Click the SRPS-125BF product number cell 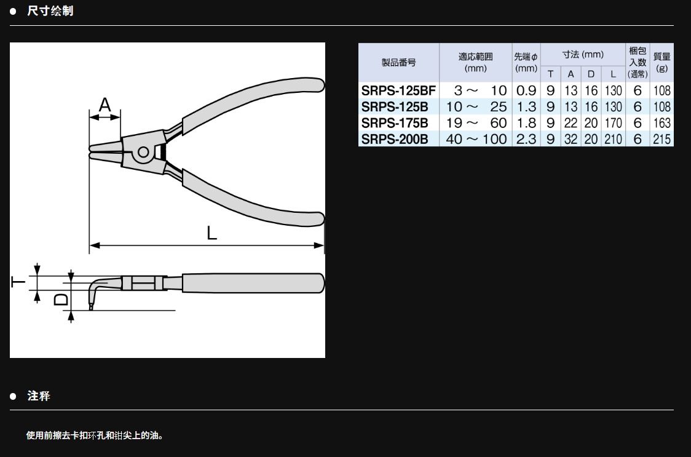[398, 90]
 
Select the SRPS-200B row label [395, 139]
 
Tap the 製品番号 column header [398, 62]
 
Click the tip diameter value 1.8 [526, 122]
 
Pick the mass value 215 [661, 139]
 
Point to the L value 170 [613, 122]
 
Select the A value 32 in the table [571, 139]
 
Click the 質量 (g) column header [661, 62]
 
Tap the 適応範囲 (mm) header [475, 62]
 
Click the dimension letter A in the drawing [105, 105]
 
